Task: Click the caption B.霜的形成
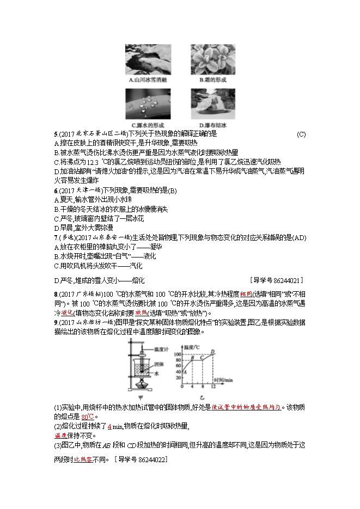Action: click(212, 80)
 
